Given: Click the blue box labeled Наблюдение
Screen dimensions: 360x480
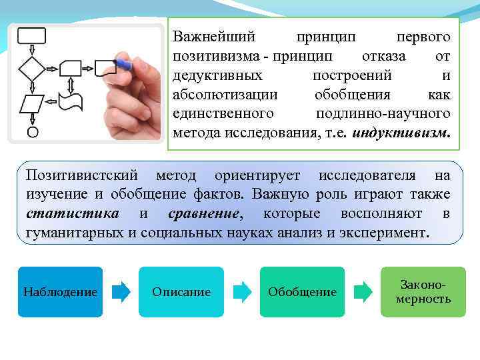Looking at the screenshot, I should click(x=60, y=292).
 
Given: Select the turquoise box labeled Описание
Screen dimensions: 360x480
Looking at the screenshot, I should click(x=181, y=292).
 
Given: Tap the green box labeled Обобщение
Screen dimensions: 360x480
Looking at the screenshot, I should click(x=302, y=292).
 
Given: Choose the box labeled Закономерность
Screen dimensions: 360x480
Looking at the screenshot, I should click(x=423, y=292).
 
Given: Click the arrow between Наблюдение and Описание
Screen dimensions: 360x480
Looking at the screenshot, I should click(x=121, y=291).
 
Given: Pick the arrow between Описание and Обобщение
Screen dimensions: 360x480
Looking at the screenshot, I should click(x=242, y=291).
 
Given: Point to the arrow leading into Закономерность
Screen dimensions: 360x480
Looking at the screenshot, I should click(x=363, y=291).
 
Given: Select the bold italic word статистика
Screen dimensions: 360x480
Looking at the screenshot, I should click(x=73, y=214).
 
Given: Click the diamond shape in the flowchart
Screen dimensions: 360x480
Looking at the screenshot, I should click(x=31, y=68).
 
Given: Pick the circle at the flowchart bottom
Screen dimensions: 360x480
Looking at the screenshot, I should click(x=32, y=132).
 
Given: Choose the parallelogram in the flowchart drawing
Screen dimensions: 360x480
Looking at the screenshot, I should click(x=31, y=104).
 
